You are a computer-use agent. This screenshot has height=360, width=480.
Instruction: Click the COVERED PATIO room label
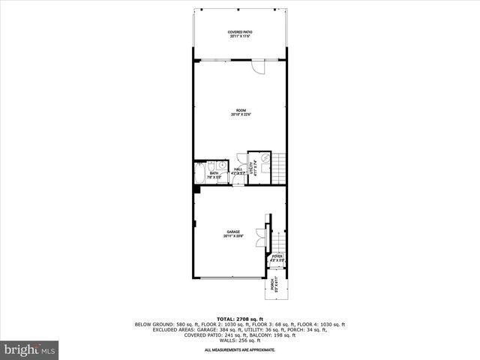[x=240, y=33]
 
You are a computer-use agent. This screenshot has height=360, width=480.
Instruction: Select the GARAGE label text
[x=232, y=234]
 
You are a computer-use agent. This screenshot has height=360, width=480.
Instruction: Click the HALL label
[x=238, y=170]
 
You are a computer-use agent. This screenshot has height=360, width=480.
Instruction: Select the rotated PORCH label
[x=275, y=285]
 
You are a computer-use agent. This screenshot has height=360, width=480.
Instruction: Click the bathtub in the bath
[x=199, y=175]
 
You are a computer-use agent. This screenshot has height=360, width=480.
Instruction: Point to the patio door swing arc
[x=259, y=67]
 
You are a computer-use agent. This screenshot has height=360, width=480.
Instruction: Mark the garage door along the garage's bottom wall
[x=229, y=277]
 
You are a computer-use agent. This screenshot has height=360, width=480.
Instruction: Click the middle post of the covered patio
[x=240, y=10]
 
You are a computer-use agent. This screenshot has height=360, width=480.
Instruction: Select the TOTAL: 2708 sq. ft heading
[x=240, y=319]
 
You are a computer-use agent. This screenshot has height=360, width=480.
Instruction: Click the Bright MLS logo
[x=30, y=349]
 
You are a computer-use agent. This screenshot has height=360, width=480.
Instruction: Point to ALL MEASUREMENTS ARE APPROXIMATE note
[x=240, y=350]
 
